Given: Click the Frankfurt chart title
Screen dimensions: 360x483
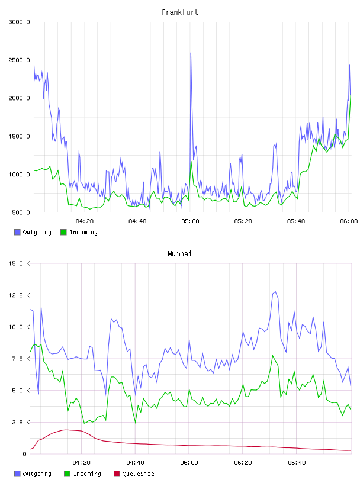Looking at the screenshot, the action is tap(180, 12).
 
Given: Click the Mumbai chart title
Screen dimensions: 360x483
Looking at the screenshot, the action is tap(179, 254).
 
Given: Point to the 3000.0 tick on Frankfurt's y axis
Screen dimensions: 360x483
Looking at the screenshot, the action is tap(19, 22).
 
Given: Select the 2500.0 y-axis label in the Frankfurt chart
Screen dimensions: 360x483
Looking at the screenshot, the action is tap(19, 60).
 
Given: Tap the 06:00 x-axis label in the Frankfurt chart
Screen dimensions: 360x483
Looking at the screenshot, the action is tap(349, 221).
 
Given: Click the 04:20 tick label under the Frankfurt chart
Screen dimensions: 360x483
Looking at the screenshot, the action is tap(85, 221).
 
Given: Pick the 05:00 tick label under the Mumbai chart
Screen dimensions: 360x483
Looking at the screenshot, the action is tap(189, 463).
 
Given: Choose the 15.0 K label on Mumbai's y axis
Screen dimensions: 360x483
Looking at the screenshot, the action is tap(19, 263).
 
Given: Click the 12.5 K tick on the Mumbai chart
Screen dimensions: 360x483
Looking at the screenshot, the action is tap(19, 295).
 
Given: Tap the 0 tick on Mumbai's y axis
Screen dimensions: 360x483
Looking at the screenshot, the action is tap(24, 454).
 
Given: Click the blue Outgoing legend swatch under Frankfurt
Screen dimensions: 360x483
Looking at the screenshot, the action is tap(17, 232).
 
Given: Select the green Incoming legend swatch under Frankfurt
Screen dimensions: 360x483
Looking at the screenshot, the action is tap(63, 232).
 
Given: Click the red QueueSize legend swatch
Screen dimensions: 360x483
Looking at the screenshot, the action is tap(117, 474).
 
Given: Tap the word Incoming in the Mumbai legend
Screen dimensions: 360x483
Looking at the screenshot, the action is tap(87, 474).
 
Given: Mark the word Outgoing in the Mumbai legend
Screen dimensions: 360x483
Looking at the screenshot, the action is tap(37, 474).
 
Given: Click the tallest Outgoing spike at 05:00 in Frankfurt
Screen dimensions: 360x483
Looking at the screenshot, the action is tap(191, 53).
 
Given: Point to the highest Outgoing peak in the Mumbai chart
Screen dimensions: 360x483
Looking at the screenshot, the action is tap(275, 292).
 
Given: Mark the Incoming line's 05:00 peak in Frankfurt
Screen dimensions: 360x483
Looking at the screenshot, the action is tap(191, 162).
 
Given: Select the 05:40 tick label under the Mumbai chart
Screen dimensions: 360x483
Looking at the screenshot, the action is tap(297, 463).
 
